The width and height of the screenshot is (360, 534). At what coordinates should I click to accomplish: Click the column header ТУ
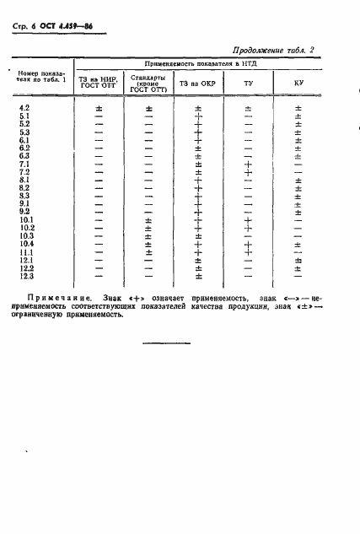pyautogui.click(x=248, y=84)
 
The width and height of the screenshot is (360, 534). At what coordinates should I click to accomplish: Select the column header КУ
pyautogui.click(x=298, y=84)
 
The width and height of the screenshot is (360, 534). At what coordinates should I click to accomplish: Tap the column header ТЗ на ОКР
pyautogui.click(x=197, y=84)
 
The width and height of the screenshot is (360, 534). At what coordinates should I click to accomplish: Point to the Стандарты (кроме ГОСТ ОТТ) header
pyautogui.click(x=148, y=84)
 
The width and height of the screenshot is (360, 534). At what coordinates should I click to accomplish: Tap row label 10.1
pyautogui.click(x=25, y=219)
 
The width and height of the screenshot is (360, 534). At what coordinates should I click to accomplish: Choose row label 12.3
pyautogui.click(x=25, y=276)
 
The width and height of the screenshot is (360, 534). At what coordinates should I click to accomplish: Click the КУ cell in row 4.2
pyautogui.click(x=298, y=109)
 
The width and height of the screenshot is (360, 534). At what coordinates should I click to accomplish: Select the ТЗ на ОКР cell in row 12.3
pyautogui.click(x=198, y=276)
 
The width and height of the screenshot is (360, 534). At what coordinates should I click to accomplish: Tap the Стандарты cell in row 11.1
pyautogui.click(x=148, y=251)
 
